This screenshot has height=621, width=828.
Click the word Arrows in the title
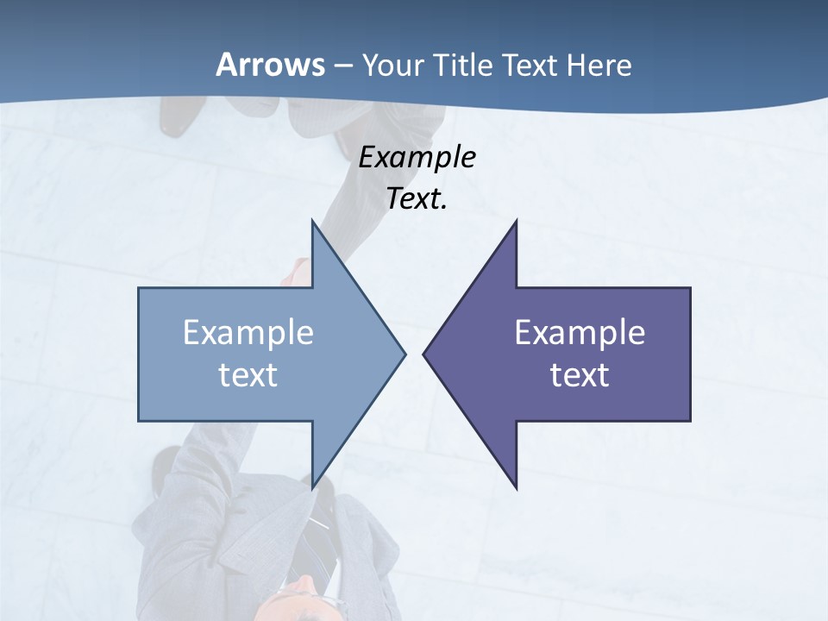click(x=271, y=65)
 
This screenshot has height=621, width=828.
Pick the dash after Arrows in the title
click(x=342, y=66)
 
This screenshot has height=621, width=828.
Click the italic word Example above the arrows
click(x=417, y=158)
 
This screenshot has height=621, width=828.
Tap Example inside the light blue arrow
click(x=248, y=333)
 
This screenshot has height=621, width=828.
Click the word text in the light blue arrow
click(x=248, y=375)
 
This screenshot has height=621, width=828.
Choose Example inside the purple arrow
click(x=580, y=333)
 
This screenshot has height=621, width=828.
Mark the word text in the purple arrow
click(x=580, y=375)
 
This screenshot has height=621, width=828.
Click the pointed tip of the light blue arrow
click(x=405, y=354)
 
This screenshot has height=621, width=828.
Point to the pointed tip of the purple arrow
click(x=424, y=354)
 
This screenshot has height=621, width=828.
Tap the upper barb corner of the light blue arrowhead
click(x=312, y=222)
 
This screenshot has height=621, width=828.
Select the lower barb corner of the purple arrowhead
click(x=516, y=487)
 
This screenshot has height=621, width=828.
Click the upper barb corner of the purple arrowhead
click(x=516, y=222)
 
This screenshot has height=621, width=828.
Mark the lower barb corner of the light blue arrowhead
click(x=312, y=487)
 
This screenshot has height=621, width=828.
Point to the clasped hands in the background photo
click(x=298, y=273)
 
